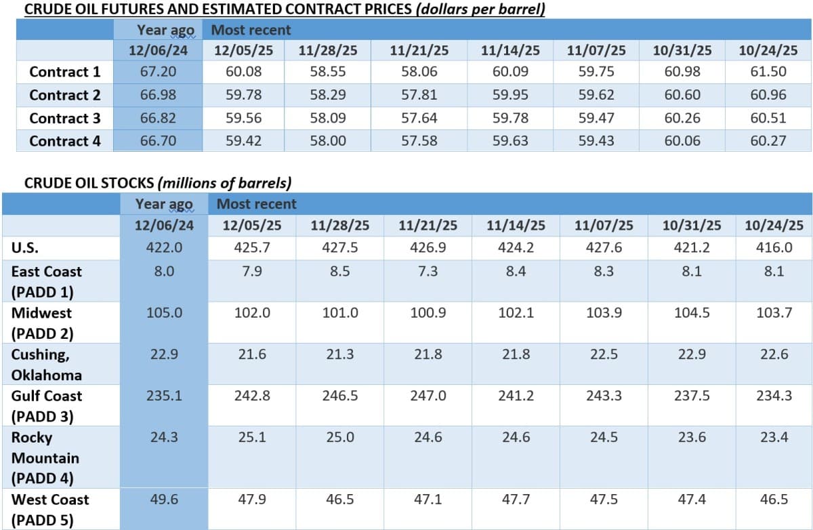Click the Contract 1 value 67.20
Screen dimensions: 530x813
[x=158, y=72]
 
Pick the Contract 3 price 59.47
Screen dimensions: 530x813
[x=596, y=118]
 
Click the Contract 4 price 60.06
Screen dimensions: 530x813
[x=682, y=141]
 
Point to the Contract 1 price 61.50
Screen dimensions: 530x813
[x=768, y=72]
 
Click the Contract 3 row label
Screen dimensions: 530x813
[x=65, y=118]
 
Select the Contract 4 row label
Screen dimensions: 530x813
[x=65, y=141]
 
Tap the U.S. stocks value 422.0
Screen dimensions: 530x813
[x=164, y=247]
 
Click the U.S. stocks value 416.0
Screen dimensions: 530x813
[x=774, y=247]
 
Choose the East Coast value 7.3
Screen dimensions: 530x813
[x=428, y=271]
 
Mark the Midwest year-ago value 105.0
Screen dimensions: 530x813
[x=164, y=312]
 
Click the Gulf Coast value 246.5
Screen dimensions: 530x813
[x=340, y=395]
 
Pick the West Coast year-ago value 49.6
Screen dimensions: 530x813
[x=164, y=500]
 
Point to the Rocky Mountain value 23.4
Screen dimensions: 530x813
[x=774, y=437]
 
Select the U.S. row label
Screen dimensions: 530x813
[x=24, y=247]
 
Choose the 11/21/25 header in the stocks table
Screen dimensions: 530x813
[x=428, y=225]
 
